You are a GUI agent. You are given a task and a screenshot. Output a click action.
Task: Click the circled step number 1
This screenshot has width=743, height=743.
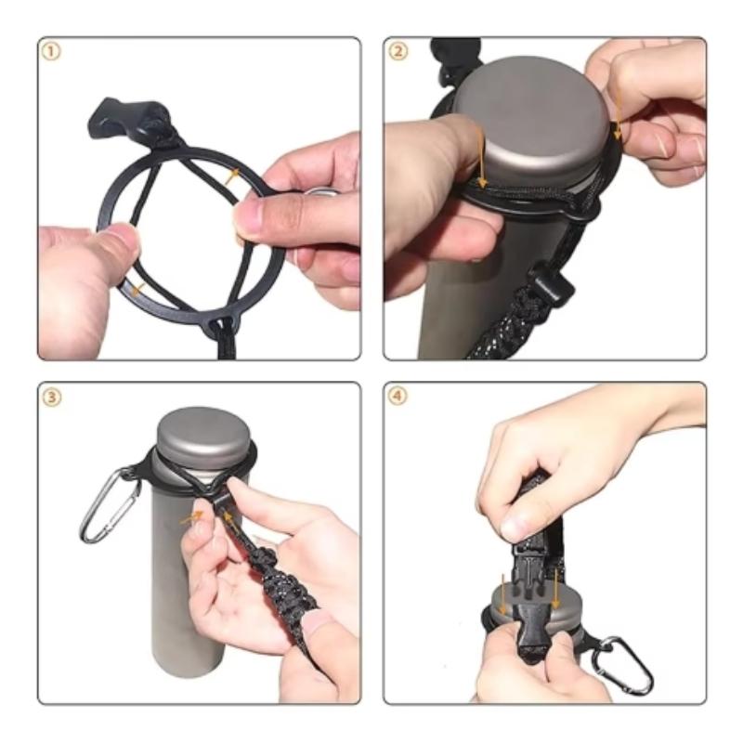[x=51, y=51]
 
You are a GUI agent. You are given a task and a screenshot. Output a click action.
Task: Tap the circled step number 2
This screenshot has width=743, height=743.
[x=398, y=51]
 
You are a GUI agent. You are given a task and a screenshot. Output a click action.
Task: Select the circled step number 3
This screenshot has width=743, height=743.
[x=51, y=397]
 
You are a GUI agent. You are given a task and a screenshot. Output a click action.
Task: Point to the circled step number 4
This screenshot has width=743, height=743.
[x=398, y=397]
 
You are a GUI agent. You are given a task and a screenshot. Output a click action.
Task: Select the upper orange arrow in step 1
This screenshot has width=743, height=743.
[x=232, y=175]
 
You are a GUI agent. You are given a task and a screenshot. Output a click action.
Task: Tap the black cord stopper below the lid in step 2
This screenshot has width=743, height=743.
[x=549, y=283]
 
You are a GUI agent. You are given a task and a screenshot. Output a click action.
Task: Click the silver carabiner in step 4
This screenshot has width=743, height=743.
[x=623, y=664]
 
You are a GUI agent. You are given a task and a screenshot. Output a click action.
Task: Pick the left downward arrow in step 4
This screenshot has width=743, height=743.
[x=503, y=595]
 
